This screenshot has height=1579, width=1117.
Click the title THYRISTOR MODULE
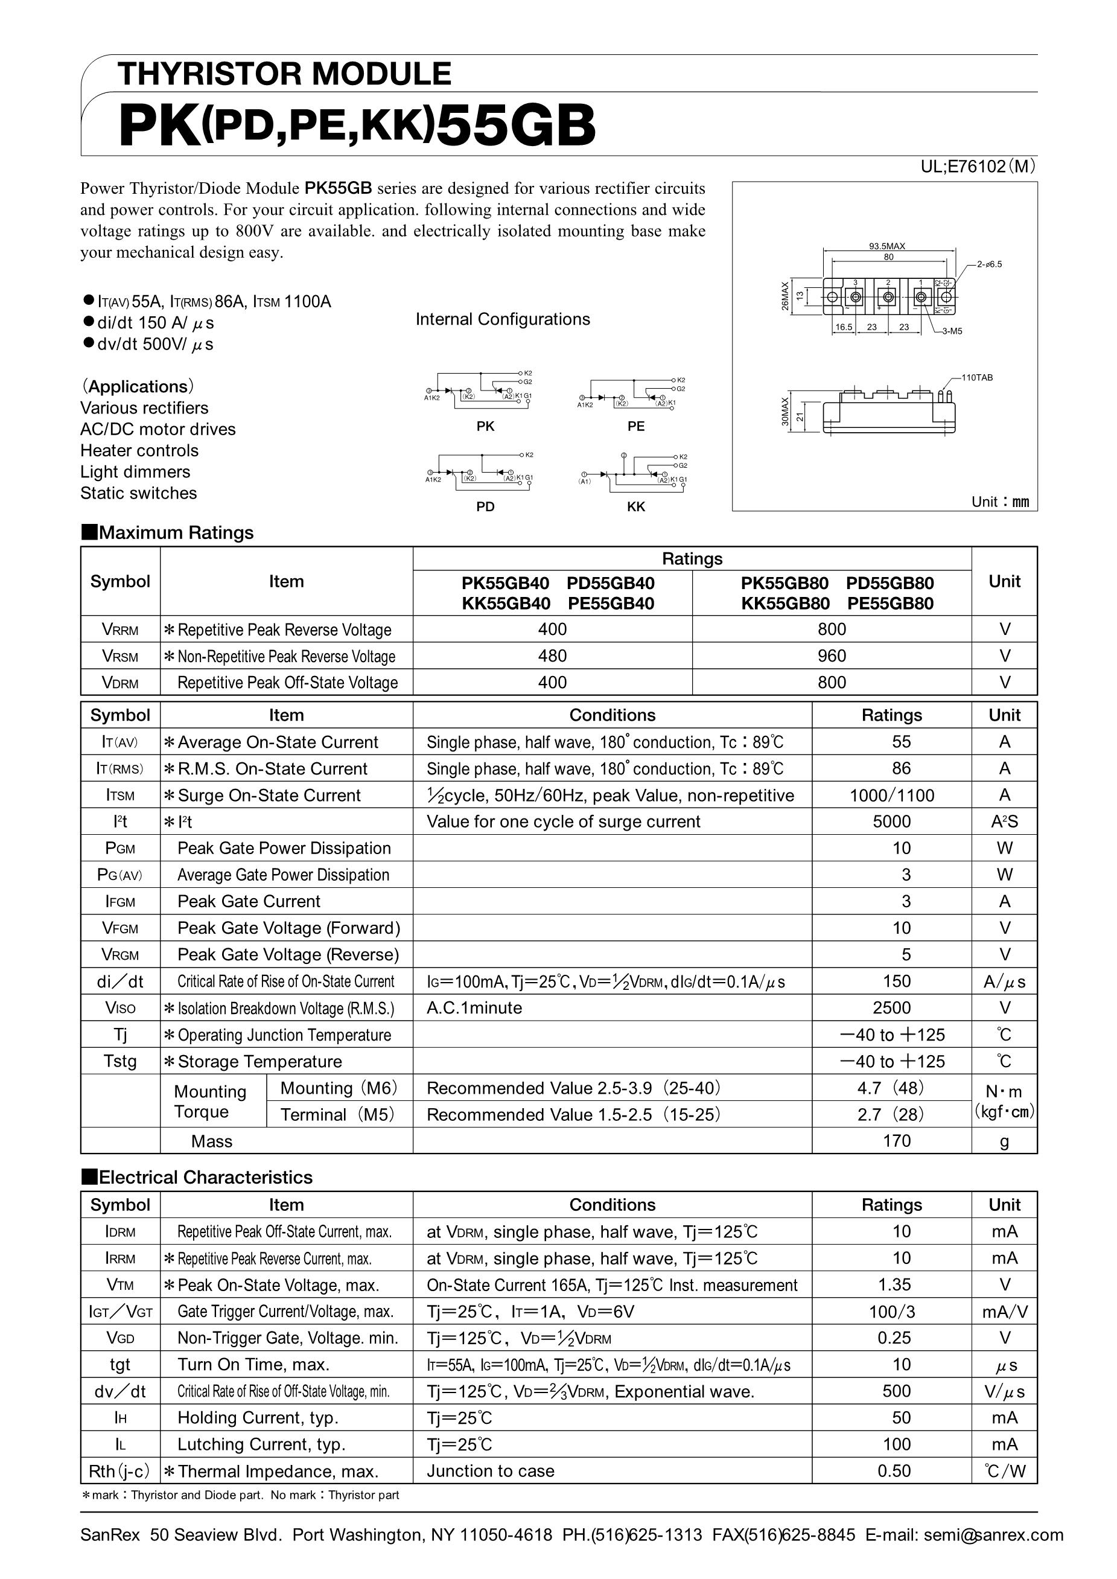tap(284, 74)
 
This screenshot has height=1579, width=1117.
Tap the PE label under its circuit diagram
tap(635, 427)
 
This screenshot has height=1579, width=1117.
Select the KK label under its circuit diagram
tap(635, 506)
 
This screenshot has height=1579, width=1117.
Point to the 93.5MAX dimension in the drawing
tap(886, 246)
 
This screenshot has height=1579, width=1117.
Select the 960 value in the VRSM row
tap(831, 656)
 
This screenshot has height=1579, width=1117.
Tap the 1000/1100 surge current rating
tap(891, 796)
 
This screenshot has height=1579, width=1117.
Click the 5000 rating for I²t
tap(891, 821)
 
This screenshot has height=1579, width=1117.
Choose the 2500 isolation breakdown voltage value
tap(891, 1008)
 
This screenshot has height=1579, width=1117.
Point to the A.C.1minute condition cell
tap(474, 1008)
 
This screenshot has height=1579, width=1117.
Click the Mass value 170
tap(896, 1141)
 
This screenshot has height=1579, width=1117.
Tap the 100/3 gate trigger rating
tap(891, 1312)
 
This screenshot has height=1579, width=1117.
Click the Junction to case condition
tap(490, 1471)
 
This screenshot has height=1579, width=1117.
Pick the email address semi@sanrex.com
tap(993, 1535)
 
